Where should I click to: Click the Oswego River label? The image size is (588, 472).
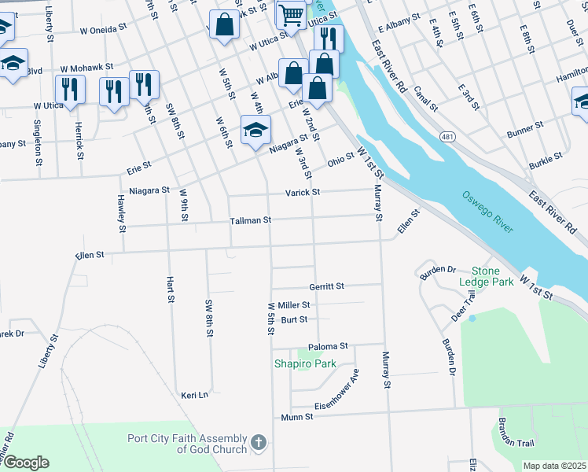point(487,212)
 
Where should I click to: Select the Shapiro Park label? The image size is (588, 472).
point(305,363)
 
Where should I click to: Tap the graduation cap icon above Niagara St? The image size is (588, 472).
point(255,130)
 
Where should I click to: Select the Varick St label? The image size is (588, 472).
point(303,192)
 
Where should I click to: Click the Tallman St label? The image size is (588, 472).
point(250,221)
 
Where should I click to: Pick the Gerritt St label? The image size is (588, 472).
point(326,287)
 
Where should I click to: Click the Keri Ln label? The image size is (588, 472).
point(195,395)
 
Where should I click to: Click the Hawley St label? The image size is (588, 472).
point(122,214)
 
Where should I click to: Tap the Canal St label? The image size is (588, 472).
point(424,98)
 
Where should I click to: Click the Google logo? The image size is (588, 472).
point(26,463)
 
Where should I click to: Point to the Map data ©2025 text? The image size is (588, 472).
point(554,466)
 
